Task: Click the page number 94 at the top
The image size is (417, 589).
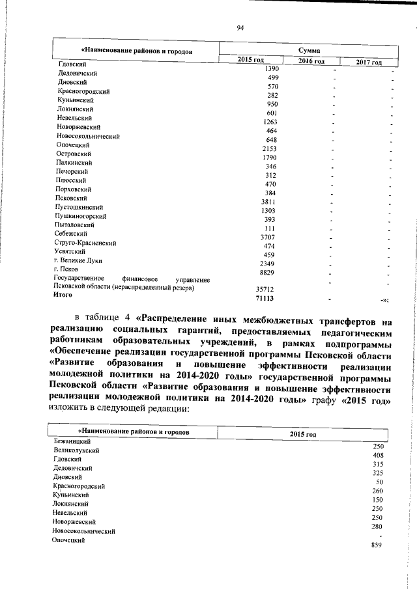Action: point(240,27)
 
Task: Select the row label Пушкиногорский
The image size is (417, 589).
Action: point(81,215)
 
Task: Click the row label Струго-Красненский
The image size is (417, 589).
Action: point(85,243)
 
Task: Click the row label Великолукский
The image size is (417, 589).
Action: point(77,450)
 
